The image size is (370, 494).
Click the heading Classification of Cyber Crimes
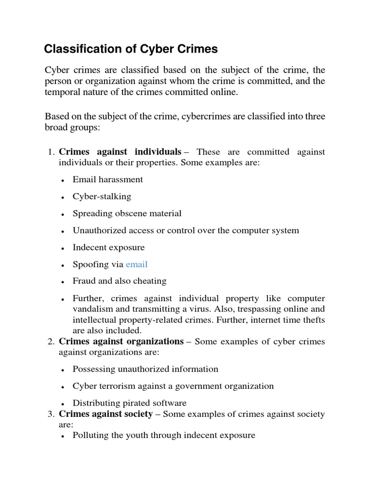[x=131, y=49]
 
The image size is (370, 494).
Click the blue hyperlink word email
[x=136, y=264]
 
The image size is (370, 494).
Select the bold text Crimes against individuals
[x=120, y=152]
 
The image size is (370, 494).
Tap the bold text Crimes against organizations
[x=121, y=342]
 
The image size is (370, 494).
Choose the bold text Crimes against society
[x=106, y=414]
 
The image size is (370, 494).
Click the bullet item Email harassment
[x=107, y=179]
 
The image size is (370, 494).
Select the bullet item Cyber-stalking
[x=102, y=196]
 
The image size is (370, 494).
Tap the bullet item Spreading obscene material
[x=127, y=213]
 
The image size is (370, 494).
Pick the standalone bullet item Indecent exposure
[x=108, y=247]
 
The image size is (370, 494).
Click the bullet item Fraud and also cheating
[x=119, y=281]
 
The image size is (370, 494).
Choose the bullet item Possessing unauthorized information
[x=145, y=369]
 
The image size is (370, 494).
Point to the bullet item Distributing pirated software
[x=129, y=403]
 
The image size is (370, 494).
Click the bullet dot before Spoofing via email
[x=63, y=265]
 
